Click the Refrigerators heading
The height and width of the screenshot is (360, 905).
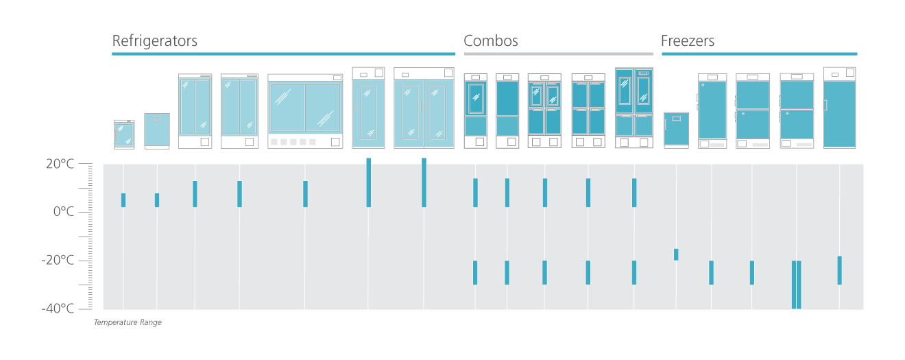pos(154,41)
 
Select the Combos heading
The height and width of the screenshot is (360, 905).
pos(490,41)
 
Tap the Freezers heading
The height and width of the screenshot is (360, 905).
pos(688,41)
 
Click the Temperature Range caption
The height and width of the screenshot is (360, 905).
pos(128,322)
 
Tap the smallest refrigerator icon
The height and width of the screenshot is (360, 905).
pos(124,134)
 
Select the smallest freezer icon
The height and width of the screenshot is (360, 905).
pos(676,130)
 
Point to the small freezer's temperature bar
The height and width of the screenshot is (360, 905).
pos(676,254)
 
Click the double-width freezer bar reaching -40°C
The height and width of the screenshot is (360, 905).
pos(796,285)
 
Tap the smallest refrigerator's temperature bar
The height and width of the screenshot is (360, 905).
pos(123,200)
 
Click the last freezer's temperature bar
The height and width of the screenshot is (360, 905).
pos(839,270)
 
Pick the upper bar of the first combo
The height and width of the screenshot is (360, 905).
pos(475,193)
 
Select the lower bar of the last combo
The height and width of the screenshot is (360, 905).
pos(634,272)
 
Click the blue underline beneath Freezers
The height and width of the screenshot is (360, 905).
pos(759,53)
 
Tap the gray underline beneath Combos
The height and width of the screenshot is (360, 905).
pos(558,53)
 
